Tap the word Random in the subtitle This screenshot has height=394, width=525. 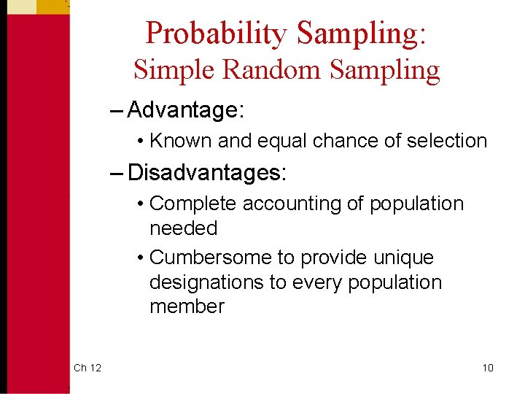click(271, 70)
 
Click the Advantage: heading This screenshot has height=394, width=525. click(186, 111)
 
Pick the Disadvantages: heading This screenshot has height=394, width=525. click(208, 173)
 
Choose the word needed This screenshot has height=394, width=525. click(183, 228)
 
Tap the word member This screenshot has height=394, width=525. click(187, 306)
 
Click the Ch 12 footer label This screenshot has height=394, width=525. click(87, 368)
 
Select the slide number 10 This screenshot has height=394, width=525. click(488, 368)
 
